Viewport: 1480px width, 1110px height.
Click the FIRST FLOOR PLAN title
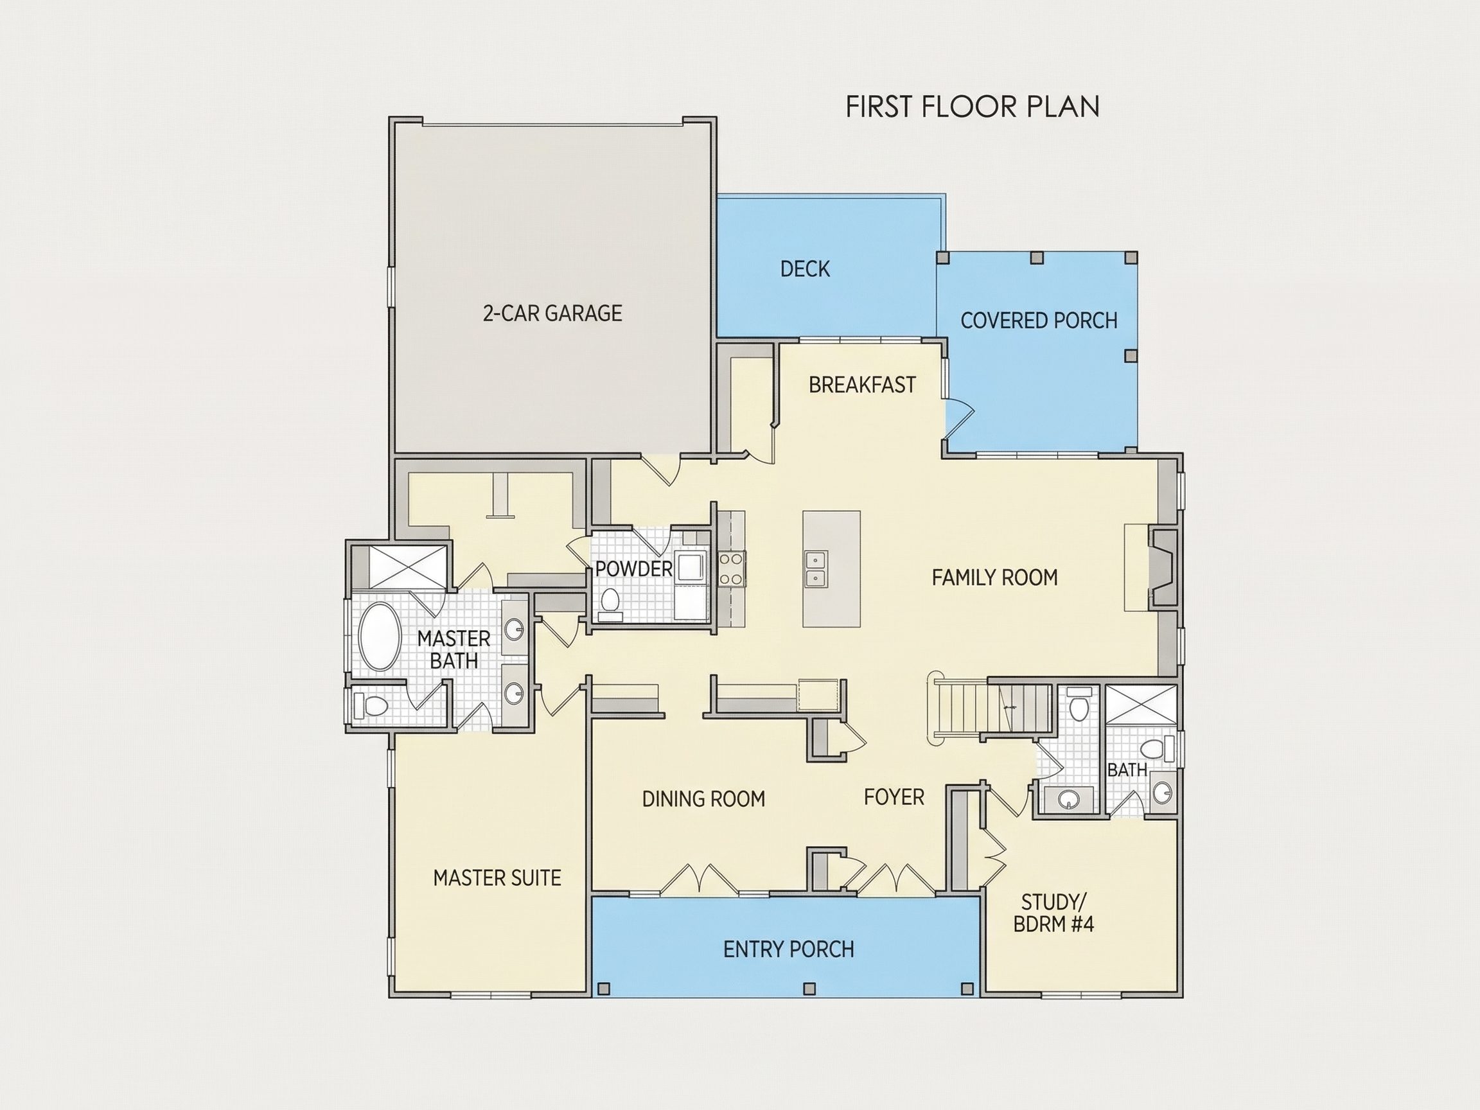(972, 107)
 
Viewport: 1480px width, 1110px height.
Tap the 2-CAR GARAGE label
(552, 313)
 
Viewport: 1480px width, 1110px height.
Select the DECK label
(805, 269)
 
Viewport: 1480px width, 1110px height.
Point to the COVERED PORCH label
(1039, 321)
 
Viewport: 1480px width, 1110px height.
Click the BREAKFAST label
(862, 385)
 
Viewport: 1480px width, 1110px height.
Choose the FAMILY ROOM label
(995, 577)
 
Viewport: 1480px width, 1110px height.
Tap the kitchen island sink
(816, 568)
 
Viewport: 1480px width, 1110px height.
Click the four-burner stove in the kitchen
(733, 569)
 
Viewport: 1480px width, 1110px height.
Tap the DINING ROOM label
(703, 799)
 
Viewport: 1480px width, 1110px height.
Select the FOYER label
(894, 797)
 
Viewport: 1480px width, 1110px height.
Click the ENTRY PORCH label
(788, 949)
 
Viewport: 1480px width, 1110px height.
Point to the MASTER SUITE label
(497, 878)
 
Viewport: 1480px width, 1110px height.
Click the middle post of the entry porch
(809, 988)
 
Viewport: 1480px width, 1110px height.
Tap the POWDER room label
(633, 568)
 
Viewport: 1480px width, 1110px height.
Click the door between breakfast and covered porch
(958, 418)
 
